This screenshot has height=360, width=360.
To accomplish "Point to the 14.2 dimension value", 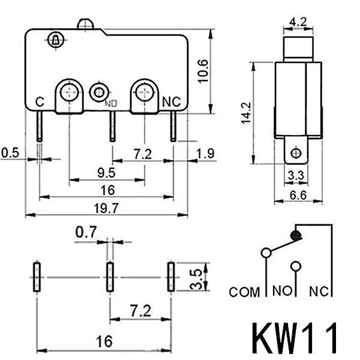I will (245, 112).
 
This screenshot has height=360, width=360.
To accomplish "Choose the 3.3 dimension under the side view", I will (295, 176).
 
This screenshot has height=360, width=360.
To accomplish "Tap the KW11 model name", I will (295, 339).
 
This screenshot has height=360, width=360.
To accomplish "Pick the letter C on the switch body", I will (40, 102).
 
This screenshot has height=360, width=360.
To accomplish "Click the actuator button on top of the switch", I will (85, 25).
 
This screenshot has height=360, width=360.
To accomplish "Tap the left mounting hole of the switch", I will (70, 92).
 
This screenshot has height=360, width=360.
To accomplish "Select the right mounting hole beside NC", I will (144, 92).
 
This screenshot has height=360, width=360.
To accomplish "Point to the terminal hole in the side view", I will (295, 154).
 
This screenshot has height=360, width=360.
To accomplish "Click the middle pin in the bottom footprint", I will (110, 277).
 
